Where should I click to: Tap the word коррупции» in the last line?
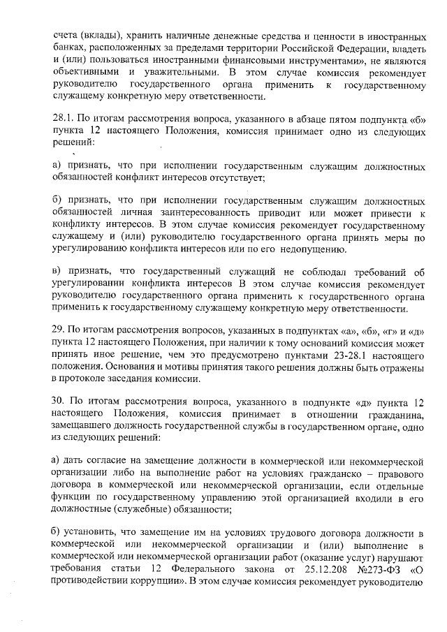pos(159,584)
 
